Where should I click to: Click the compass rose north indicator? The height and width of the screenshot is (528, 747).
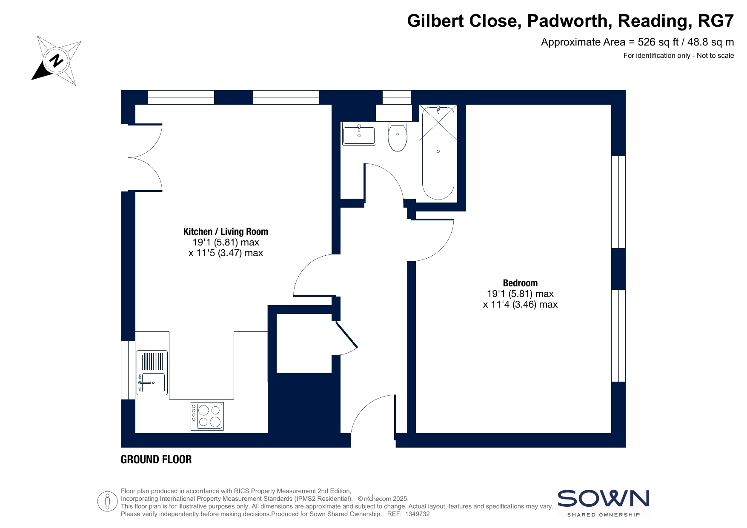pyautogui.click(x=56, y=60)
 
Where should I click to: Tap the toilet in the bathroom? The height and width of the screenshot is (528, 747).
pyautogui.click(x=398, y=136)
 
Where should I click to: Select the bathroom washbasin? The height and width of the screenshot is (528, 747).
pyautogui.click(x=359, y=134)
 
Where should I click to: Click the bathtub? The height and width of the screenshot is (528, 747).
pyautogui.click(x=438, y=153)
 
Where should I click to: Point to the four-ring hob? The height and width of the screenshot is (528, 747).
pyautogui.click(x=207, y=416)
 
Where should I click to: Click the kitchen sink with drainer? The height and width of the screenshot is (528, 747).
pyautogui.click(x=152, y=372)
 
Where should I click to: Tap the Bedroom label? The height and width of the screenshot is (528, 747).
pyautogui.click(x=520, y=283)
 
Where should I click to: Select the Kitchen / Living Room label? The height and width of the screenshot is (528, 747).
pyautogui.click(x=226, y=231)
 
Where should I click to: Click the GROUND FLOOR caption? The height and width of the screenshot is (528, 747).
pyautogui.click(x=156, y=460)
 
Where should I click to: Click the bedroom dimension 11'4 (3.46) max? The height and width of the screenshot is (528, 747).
pyautogui.click(x=520, y=304)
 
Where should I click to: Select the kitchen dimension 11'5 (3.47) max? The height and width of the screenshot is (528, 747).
pyautogui.click(x=226, y=253)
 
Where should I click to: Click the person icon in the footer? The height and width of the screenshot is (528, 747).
pyautogui.click(x=107, y=502)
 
